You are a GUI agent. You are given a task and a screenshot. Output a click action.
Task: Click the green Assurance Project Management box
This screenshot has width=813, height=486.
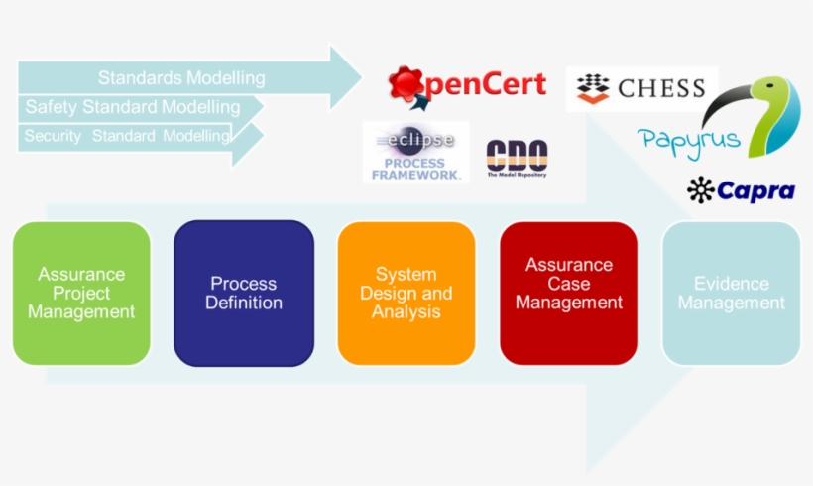pos(81,293)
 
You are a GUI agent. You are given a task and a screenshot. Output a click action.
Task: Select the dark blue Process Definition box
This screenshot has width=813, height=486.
pos(244,293)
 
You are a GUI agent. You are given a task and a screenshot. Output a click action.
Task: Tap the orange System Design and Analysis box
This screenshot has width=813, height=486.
pos(406,293)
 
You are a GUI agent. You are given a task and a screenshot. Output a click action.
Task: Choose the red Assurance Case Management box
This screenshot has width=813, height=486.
pos(569,293)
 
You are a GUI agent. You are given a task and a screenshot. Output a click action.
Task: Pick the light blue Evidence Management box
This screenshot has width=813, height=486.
pos(731,293)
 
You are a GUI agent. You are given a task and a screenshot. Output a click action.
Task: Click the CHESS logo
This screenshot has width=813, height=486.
pos(641,88)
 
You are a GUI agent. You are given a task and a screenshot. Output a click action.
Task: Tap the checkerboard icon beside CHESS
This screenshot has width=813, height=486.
pos(593,88)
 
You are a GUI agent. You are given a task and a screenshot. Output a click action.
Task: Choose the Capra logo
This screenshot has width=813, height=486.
pos(741,189)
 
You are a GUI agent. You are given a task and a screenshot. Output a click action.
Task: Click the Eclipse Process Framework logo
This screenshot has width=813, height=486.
pos(415,152)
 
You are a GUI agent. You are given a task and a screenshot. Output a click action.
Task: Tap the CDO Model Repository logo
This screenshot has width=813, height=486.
pos(516,157)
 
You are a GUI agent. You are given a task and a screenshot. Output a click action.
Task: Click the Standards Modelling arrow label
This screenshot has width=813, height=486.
pos(181,77)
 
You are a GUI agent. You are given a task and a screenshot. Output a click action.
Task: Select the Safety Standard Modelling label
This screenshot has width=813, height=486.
pos(133,107)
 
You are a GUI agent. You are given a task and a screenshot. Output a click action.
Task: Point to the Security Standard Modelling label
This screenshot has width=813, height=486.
pos(127,136)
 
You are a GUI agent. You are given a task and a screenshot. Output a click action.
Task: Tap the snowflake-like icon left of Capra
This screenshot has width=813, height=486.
pos(701,189)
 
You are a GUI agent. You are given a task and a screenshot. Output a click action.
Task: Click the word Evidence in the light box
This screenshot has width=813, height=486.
pos(731,283)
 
